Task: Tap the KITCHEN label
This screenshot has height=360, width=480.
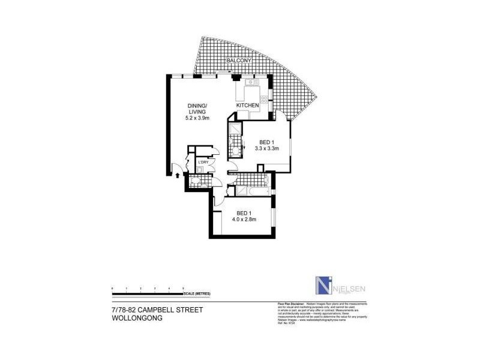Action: click(x=247, y=106)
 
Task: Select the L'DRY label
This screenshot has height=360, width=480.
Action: click(x=203, y=162)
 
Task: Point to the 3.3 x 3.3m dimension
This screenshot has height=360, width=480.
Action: click(x=267, y=148)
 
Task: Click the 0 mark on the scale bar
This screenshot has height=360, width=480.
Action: click(x=112, y=289)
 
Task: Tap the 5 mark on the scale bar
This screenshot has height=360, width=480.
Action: click(x=184, y=289)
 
